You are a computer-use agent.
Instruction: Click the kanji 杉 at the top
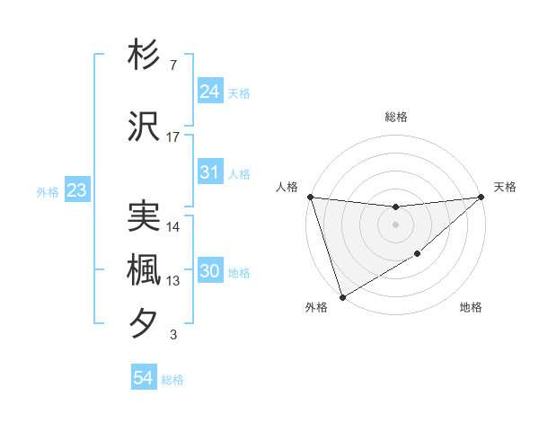pos(144,56)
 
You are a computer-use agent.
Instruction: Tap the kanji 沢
pos(144,127)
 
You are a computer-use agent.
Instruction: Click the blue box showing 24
pos(209,92)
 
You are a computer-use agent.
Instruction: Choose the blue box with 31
pos(209,173)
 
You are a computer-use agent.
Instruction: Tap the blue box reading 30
pos(209,271)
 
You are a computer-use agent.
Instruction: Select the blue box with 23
pos(76,190)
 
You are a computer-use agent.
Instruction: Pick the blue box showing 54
pos(143,379)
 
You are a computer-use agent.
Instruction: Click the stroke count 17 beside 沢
pos(173,136)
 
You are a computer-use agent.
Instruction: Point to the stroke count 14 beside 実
pos(173,226)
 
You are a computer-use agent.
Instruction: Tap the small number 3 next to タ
pos(173,335)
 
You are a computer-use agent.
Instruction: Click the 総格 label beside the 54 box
pos(172,380)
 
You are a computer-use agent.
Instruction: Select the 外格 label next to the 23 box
pos(48,191)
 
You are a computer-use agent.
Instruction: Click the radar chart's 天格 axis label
pos(505,187)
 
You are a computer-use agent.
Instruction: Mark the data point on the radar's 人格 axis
pos(310,197)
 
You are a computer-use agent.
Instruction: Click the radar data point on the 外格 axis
pos(342,296)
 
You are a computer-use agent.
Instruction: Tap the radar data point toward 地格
pos(419,255)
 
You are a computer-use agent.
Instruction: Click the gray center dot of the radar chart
pos(395,224)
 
